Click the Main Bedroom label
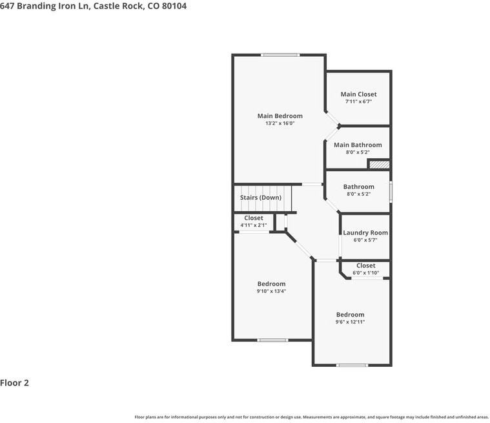(280, 116)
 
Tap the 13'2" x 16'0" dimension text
(280, 123)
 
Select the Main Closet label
(358, 94)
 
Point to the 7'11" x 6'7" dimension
(358, 101)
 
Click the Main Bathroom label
(358, 145)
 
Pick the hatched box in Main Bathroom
(379, 165)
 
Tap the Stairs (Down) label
(261, 198)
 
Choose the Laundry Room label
(365, 232)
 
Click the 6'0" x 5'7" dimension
(365, 240)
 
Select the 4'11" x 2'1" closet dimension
(254, 225)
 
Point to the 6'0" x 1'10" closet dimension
(365, 273)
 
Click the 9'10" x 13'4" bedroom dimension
(271, 291)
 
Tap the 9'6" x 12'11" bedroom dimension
(350, 322)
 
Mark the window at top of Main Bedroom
(280, 55)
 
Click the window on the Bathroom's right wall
(391, 192)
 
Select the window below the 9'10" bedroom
(272, 340)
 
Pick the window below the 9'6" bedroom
(352, 366)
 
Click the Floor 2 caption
(15, 383)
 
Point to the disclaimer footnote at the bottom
(311, 417)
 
